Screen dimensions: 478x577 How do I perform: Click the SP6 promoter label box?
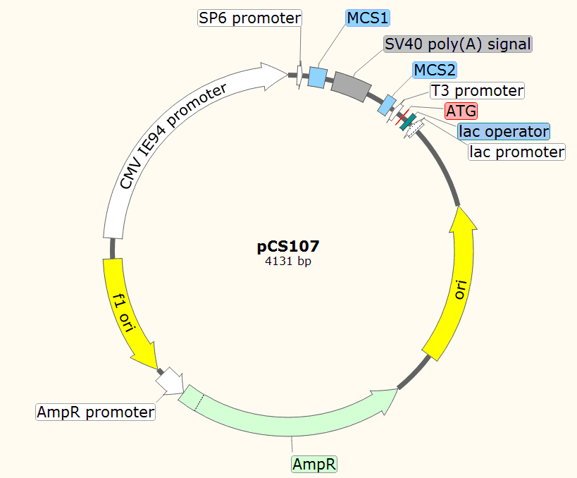[249, 18]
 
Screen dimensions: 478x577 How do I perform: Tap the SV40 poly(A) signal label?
[457, 44]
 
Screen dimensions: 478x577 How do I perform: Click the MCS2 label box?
[434, 70]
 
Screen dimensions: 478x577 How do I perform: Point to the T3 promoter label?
[478, 91]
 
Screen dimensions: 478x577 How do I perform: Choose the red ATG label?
[461, 111]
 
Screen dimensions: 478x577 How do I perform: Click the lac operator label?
[503, 131]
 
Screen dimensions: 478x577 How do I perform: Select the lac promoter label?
[517, 152]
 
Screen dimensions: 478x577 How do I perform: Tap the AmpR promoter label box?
[95, 412]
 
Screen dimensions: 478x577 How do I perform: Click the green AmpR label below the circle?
[314, 464]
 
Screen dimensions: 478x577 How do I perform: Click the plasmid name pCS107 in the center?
[288, 247]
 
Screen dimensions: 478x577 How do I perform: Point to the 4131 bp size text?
[288, 261]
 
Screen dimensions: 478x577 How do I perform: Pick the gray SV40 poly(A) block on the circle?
[352, 85]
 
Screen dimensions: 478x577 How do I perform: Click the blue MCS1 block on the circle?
[318, 77]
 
